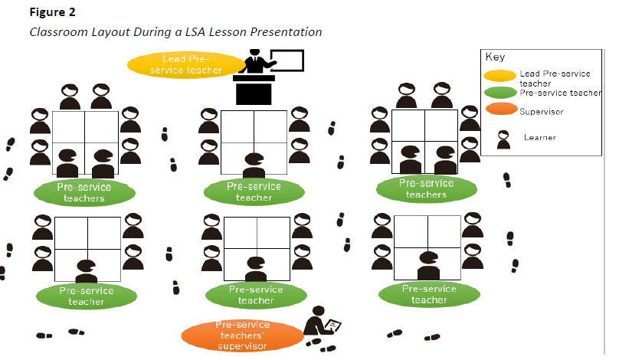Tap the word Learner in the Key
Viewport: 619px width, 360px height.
[539, 137]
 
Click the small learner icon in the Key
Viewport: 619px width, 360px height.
[504, 139]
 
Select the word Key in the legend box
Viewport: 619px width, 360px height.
[494, 57]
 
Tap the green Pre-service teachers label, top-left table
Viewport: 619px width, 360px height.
[84, 192]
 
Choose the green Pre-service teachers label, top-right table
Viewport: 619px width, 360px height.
[426, 188]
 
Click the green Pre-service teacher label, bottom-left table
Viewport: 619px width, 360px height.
[86, 296]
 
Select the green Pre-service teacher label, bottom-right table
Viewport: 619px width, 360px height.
[429, 293]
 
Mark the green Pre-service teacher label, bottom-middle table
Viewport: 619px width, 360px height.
[256, 295]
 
